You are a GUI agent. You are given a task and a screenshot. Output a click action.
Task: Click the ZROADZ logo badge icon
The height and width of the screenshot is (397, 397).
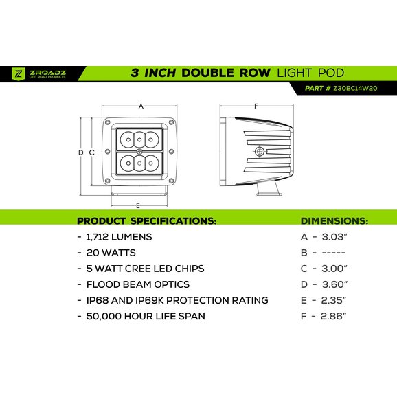[19, 73]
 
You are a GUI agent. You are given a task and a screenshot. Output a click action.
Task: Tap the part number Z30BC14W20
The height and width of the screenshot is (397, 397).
[355, 88]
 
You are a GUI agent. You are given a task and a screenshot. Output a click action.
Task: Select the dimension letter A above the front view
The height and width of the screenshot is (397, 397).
[141, 106]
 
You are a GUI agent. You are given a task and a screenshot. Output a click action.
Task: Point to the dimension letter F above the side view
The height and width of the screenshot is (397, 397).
[256, 106]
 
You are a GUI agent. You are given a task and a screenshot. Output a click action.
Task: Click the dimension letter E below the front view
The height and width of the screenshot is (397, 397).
[138, 205]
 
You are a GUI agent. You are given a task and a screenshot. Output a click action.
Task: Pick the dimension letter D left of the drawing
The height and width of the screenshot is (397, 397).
[81, 152]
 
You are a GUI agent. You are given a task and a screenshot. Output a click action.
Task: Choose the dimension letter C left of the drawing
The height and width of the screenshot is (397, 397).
[91, 152]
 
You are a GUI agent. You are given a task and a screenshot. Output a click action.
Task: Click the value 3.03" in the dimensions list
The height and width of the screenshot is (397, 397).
[334, 237]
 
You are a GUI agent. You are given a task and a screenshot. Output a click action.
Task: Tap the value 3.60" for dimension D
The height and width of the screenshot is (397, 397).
[334, 284]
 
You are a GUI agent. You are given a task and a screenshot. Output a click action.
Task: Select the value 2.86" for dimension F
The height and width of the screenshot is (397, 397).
[333, 316]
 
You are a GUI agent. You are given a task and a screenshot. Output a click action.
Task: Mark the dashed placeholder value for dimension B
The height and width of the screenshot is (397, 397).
[334, 253]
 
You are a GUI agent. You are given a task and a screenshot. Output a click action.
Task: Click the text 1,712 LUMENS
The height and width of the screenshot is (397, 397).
[119, 237]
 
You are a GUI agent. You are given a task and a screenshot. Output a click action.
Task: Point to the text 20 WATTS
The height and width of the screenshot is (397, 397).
[111, 253]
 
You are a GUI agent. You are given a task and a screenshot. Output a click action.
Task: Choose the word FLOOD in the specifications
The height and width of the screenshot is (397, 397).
[103, 284]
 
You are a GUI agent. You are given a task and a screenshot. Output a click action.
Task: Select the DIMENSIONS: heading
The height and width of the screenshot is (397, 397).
[334, 220]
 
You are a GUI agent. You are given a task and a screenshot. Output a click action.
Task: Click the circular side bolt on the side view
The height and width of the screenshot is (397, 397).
[259, 152]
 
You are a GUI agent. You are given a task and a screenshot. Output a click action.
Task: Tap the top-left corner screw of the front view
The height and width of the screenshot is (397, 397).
[107, 122]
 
